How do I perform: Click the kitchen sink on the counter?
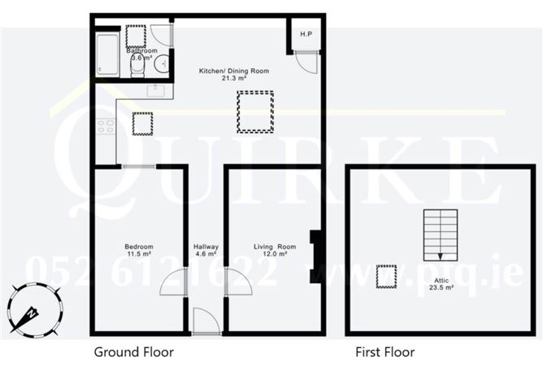(154, 91)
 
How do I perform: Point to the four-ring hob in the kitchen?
(106, 126)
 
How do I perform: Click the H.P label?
(306, 34)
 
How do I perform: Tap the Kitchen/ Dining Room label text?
(223, 71)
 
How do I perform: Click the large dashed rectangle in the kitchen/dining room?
(255, 112)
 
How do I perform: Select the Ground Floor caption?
(134, 352)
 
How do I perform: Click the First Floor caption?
(385, 352)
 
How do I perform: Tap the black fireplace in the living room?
(315, 256)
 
